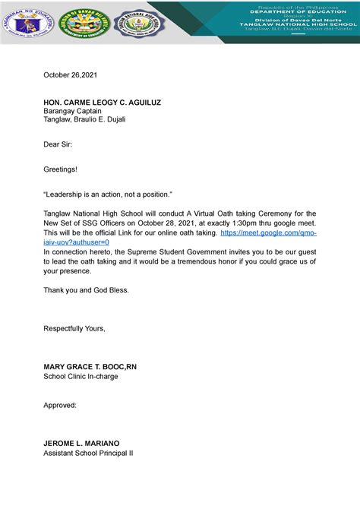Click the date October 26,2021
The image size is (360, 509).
pos(70,75)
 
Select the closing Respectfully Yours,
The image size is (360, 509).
pos(74,327)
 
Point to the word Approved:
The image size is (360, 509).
pos(60,405)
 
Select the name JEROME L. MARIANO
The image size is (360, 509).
pos(81,443)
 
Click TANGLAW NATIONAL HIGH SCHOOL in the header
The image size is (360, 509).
pos(303,25)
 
